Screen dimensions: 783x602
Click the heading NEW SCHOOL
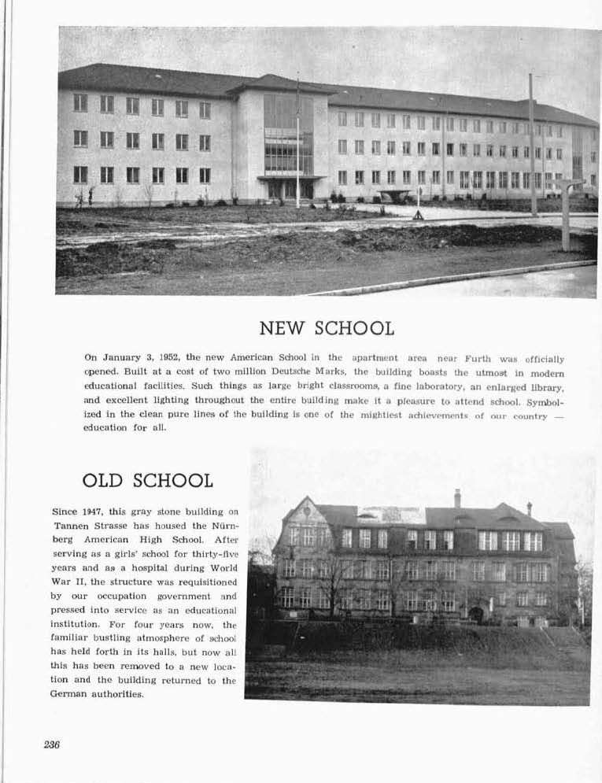[x=327, y=328]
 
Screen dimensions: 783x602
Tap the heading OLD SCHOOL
[x=147, y=480]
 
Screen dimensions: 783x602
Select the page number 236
[x=52, y=744]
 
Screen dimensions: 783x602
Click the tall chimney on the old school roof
[x=457, y=498]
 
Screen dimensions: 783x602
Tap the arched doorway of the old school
[x=476, y=614]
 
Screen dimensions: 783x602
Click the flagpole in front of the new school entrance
[x=297, y=142]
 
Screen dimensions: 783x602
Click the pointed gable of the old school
[x=307, y=512]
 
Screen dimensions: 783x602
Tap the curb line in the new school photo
[x=456, y=276]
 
